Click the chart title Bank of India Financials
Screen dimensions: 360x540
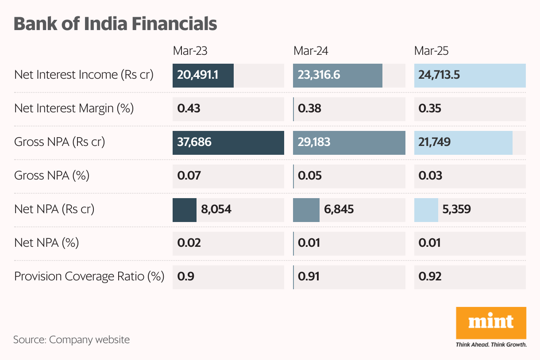pyautogui.click(x=115, y=23)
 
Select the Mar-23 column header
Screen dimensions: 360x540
pyautogui.click(x=190, y=51)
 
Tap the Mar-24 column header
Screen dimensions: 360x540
pyautogui.click(x=311, y=51)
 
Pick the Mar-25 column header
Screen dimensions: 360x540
pyautogui.click(x=431, y=51)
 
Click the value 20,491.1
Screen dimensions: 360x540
pyautogui.click(x=197, y=75)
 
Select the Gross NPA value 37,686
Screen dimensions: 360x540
pyautogui.click(x=194, y=142)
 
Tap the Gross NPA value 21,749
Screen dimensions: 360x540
pyautogui.click(x=435, y=142)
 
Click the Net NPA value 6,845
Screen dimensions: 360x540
pyautogui.click(x=339, y=209)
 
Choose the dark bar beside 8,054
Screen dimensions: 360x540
pyautogui.click(x=184, y=209)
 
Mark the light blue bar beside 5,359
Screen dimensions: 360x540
pyautogui.click(x=426, y=209)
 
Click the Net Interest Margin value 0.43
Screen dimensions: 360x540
pyautogui.click(x=189, y=108)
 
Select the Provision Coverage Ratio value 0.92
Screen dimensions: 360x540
pyautogui.click(x=430, y=277)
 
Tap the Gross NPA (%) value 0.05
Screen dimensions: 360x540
pyautogui.click(x=310, y=176)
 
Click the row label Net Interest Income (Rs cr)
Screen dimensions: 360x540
pyautogui.click(x=84, y=75)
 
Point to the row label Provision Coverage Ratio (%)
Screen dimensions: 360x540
pyautogui.click(x=89, y=277)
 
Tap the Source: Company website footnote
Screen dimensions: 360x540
pyautogui.click(x=71, y=340)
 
